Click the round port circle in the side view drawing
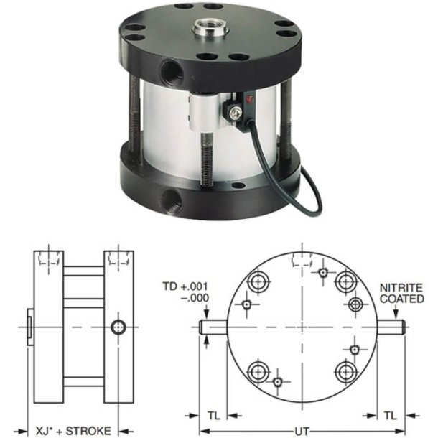[x=118, y=327]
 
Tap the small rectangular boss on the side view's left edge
[x=29, y=327]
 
